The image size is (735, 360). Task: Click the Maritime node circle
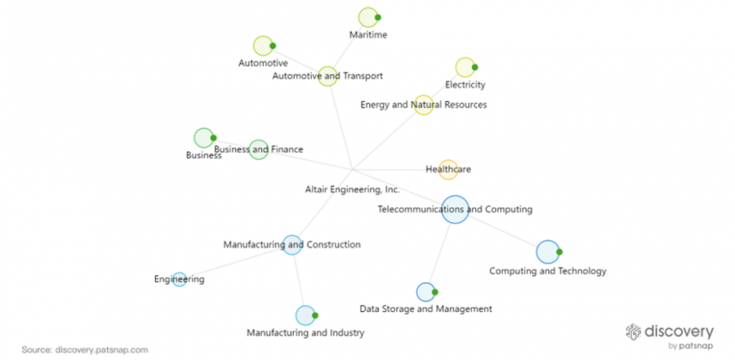click(368, 17)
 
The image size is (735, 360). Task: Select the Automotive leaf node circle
click(263, 46)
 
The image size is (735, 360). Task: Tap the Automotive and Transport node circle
click(327, 76)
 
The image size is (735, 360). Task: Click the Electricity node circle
click(465, 68)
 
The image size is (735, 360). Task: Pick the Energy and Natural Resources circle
click(423, 105)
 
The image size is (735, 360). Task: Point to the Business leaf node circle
click(204, 138)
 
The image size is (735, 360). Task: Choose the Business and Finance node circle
click(259, 149)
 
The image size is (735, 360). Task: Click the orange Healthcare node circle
click(448, 170)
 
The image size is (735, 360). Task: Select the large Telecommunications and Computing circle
click(455, 209)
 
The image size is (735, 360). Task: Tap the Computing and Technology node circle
click(548, 252)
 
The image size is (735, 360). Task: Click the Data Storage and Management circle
click(426, 292)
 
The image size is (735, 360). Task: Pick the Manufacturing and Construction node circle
click(291, 245)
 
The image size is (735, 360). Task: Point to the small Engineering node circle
click(180, 279)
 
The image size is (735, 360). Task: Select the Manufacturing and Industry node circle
click(305, 315)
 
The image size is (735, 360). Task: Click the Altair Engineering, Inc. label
click(352, 189)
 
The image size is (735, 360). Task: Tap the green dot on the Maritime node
click(378, 17)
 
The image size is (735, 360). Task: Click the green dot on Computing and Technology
click(559, 252)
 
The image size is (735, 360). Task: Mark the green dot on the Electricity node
click(475, 67)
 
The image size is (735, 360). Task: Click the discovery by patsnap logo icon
click(633, 331)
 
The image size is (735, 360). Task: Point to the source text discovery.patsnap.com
click(102, 350)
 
